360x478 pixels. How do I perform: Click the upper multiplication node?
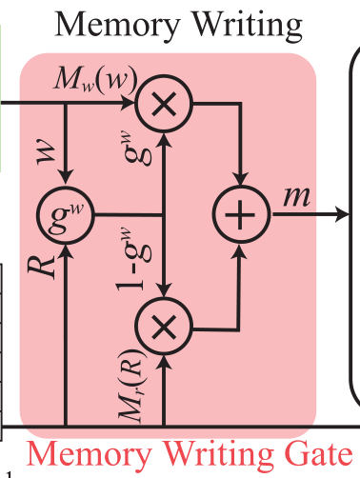[x=166, y=104]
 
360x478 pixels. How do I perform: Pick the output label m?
[x=296, y=196]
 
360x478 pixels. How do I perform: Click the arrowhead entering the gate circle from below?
[x=65, y=249]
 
